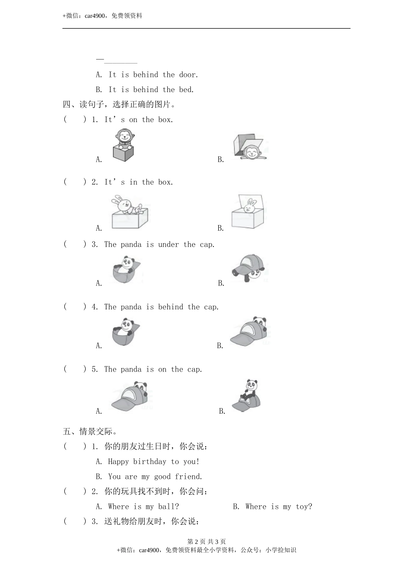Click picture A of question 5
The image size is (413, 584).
(130, 396)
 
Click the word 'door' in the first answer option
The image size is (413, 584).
(188, 75)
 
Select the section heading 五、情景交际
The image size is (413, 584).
(90, 432)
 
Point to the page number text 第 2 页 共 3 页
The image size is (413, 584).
(206, 542)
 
